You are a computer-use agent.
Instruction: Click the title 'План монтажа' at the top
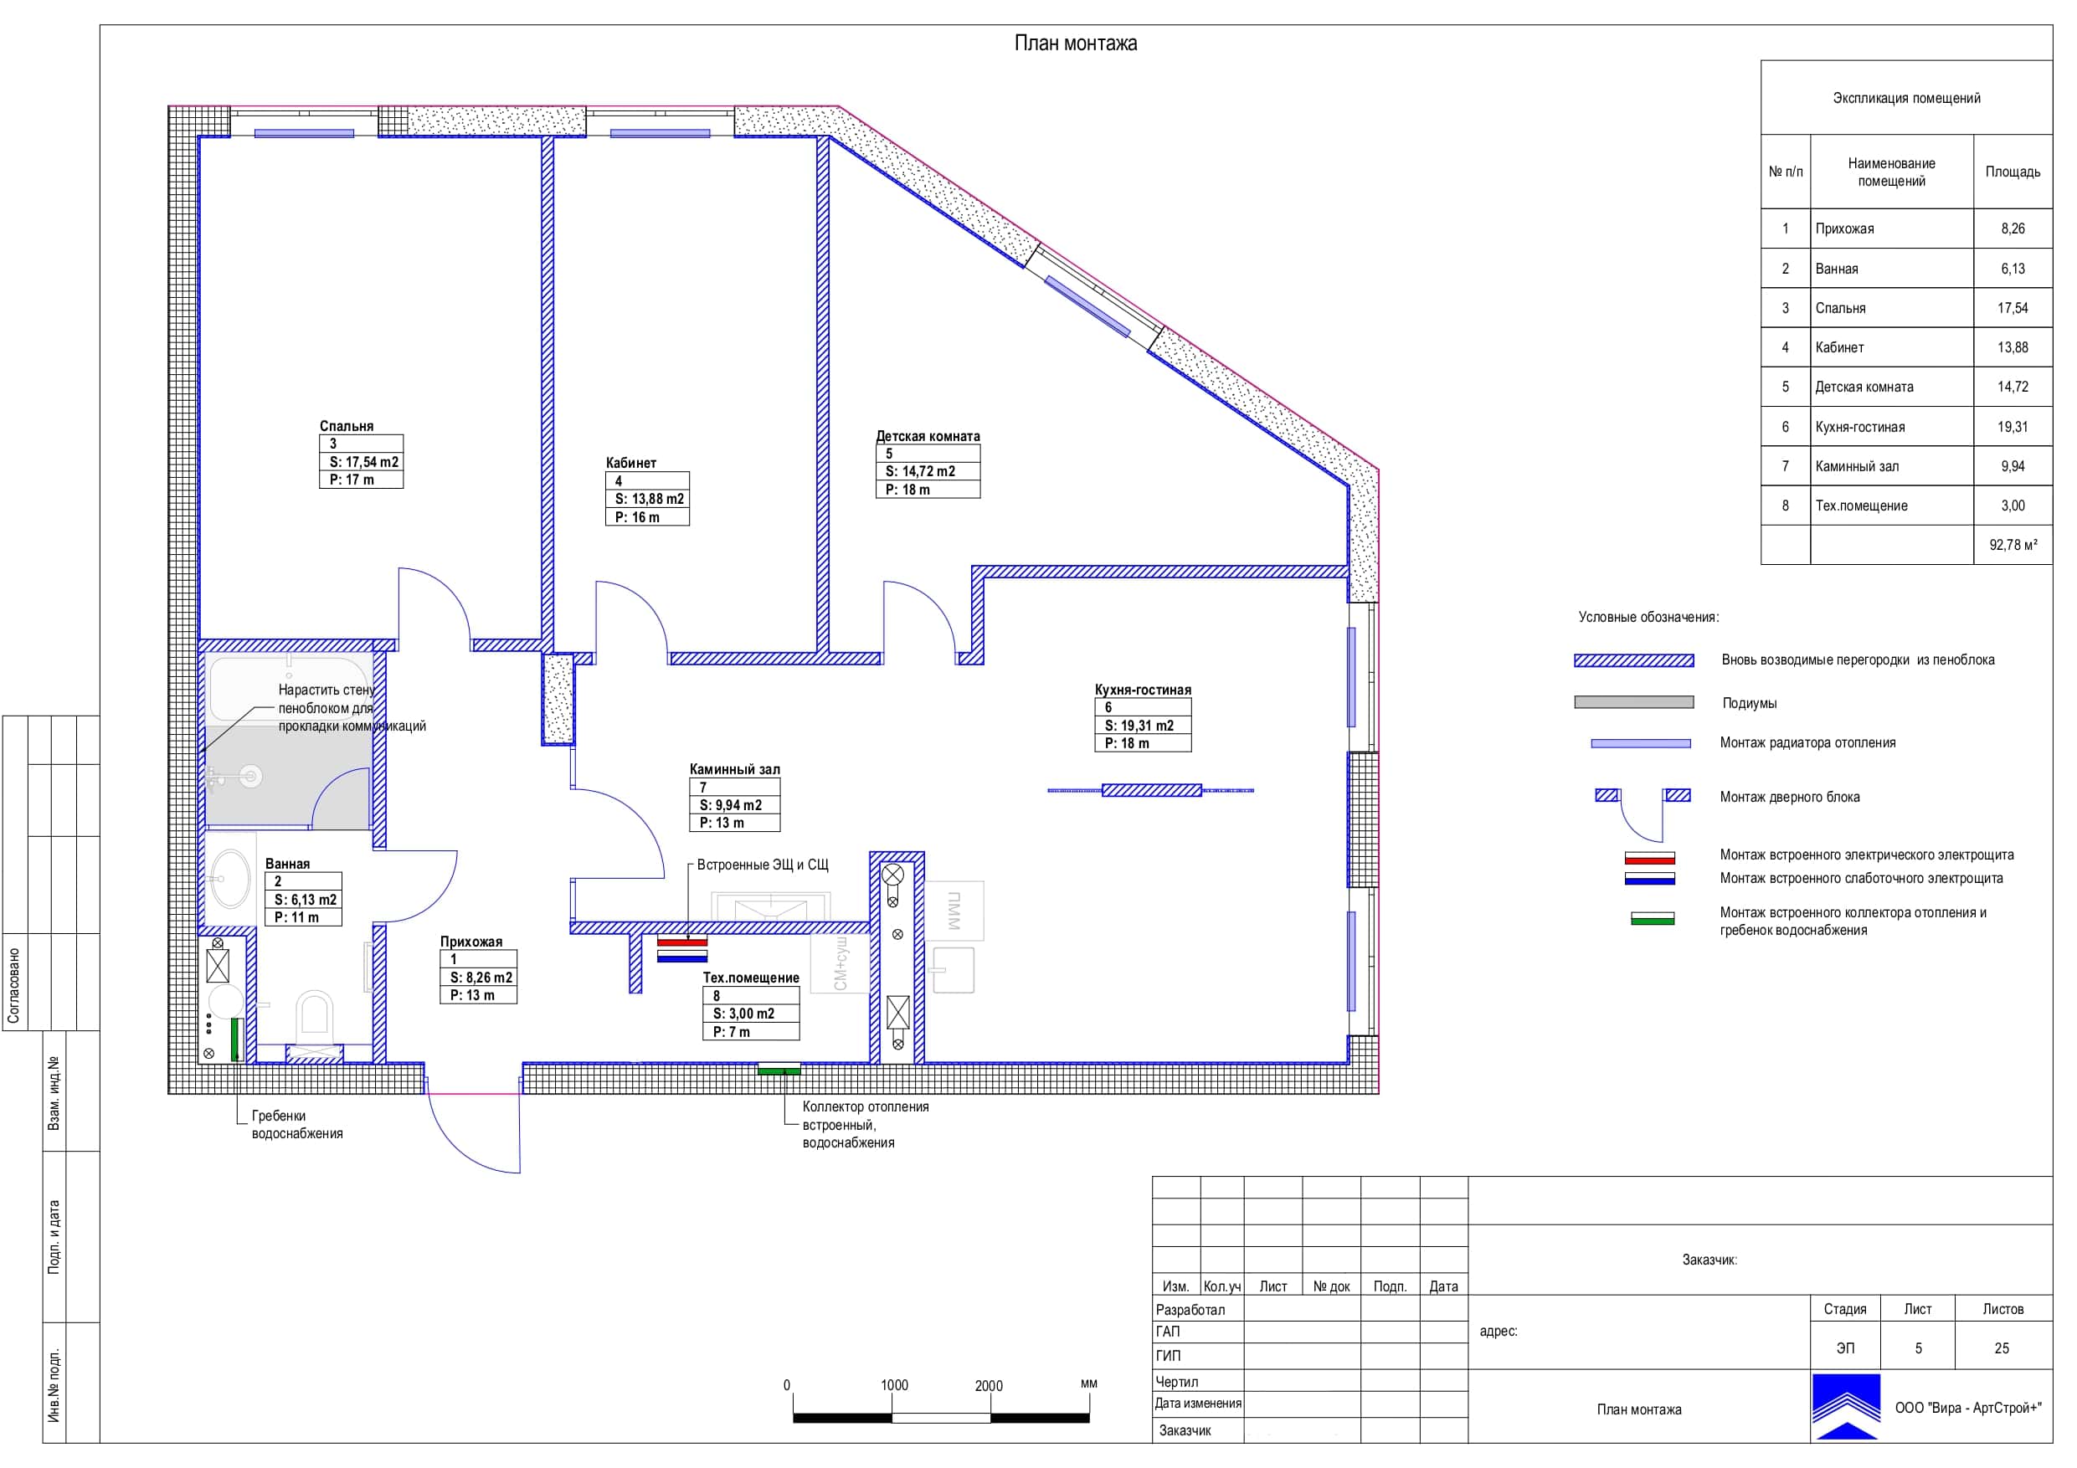click(x=1076, y=44)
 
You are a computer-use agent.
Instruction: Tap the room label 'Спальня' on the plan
click(x=347, y=426)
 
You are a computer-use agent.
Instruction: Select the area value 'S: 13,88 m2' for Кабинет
click(x=650, y=498)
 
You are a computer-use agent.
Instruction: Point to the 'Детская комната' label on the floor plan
click(x=928, y=436)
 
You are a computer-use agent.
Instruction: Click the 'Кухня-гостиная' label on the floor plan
click(x=1144, y=690)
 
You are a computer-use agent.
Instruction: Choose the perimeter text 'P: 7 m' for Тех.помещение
click(x=732, y=1032)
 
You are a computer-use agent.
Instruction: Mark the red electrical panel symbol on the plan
click(x=682, y=942)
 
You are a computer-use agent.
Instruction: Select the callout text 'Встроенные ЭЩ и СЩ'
click(x=763, y=865)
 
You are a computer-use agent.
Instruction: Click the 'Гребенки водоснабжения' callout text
click(x=296, y=1124)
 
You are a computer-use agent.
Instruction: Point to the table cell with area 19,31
click(x=2013, y=427)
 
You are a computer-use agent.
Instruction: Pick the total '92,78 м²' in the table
click(x=2013, y=546)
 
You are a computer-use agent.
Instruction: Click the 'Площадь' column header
click(x=2013, y=172)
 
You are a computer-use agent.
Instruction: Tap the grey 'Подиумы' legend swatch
click(x=1634, y=702)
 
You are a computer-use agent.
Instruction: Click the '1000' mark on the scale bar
click(x=894, y=1385)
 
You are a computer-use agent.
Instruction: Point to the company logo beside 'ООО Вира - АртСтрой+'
click(x=1845, y=1407)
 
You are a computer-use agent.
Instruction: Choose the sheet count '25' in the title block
click(x=2001, y=1347)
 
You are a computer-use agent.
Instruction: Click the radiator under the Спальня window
click(x=304, y=134)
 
